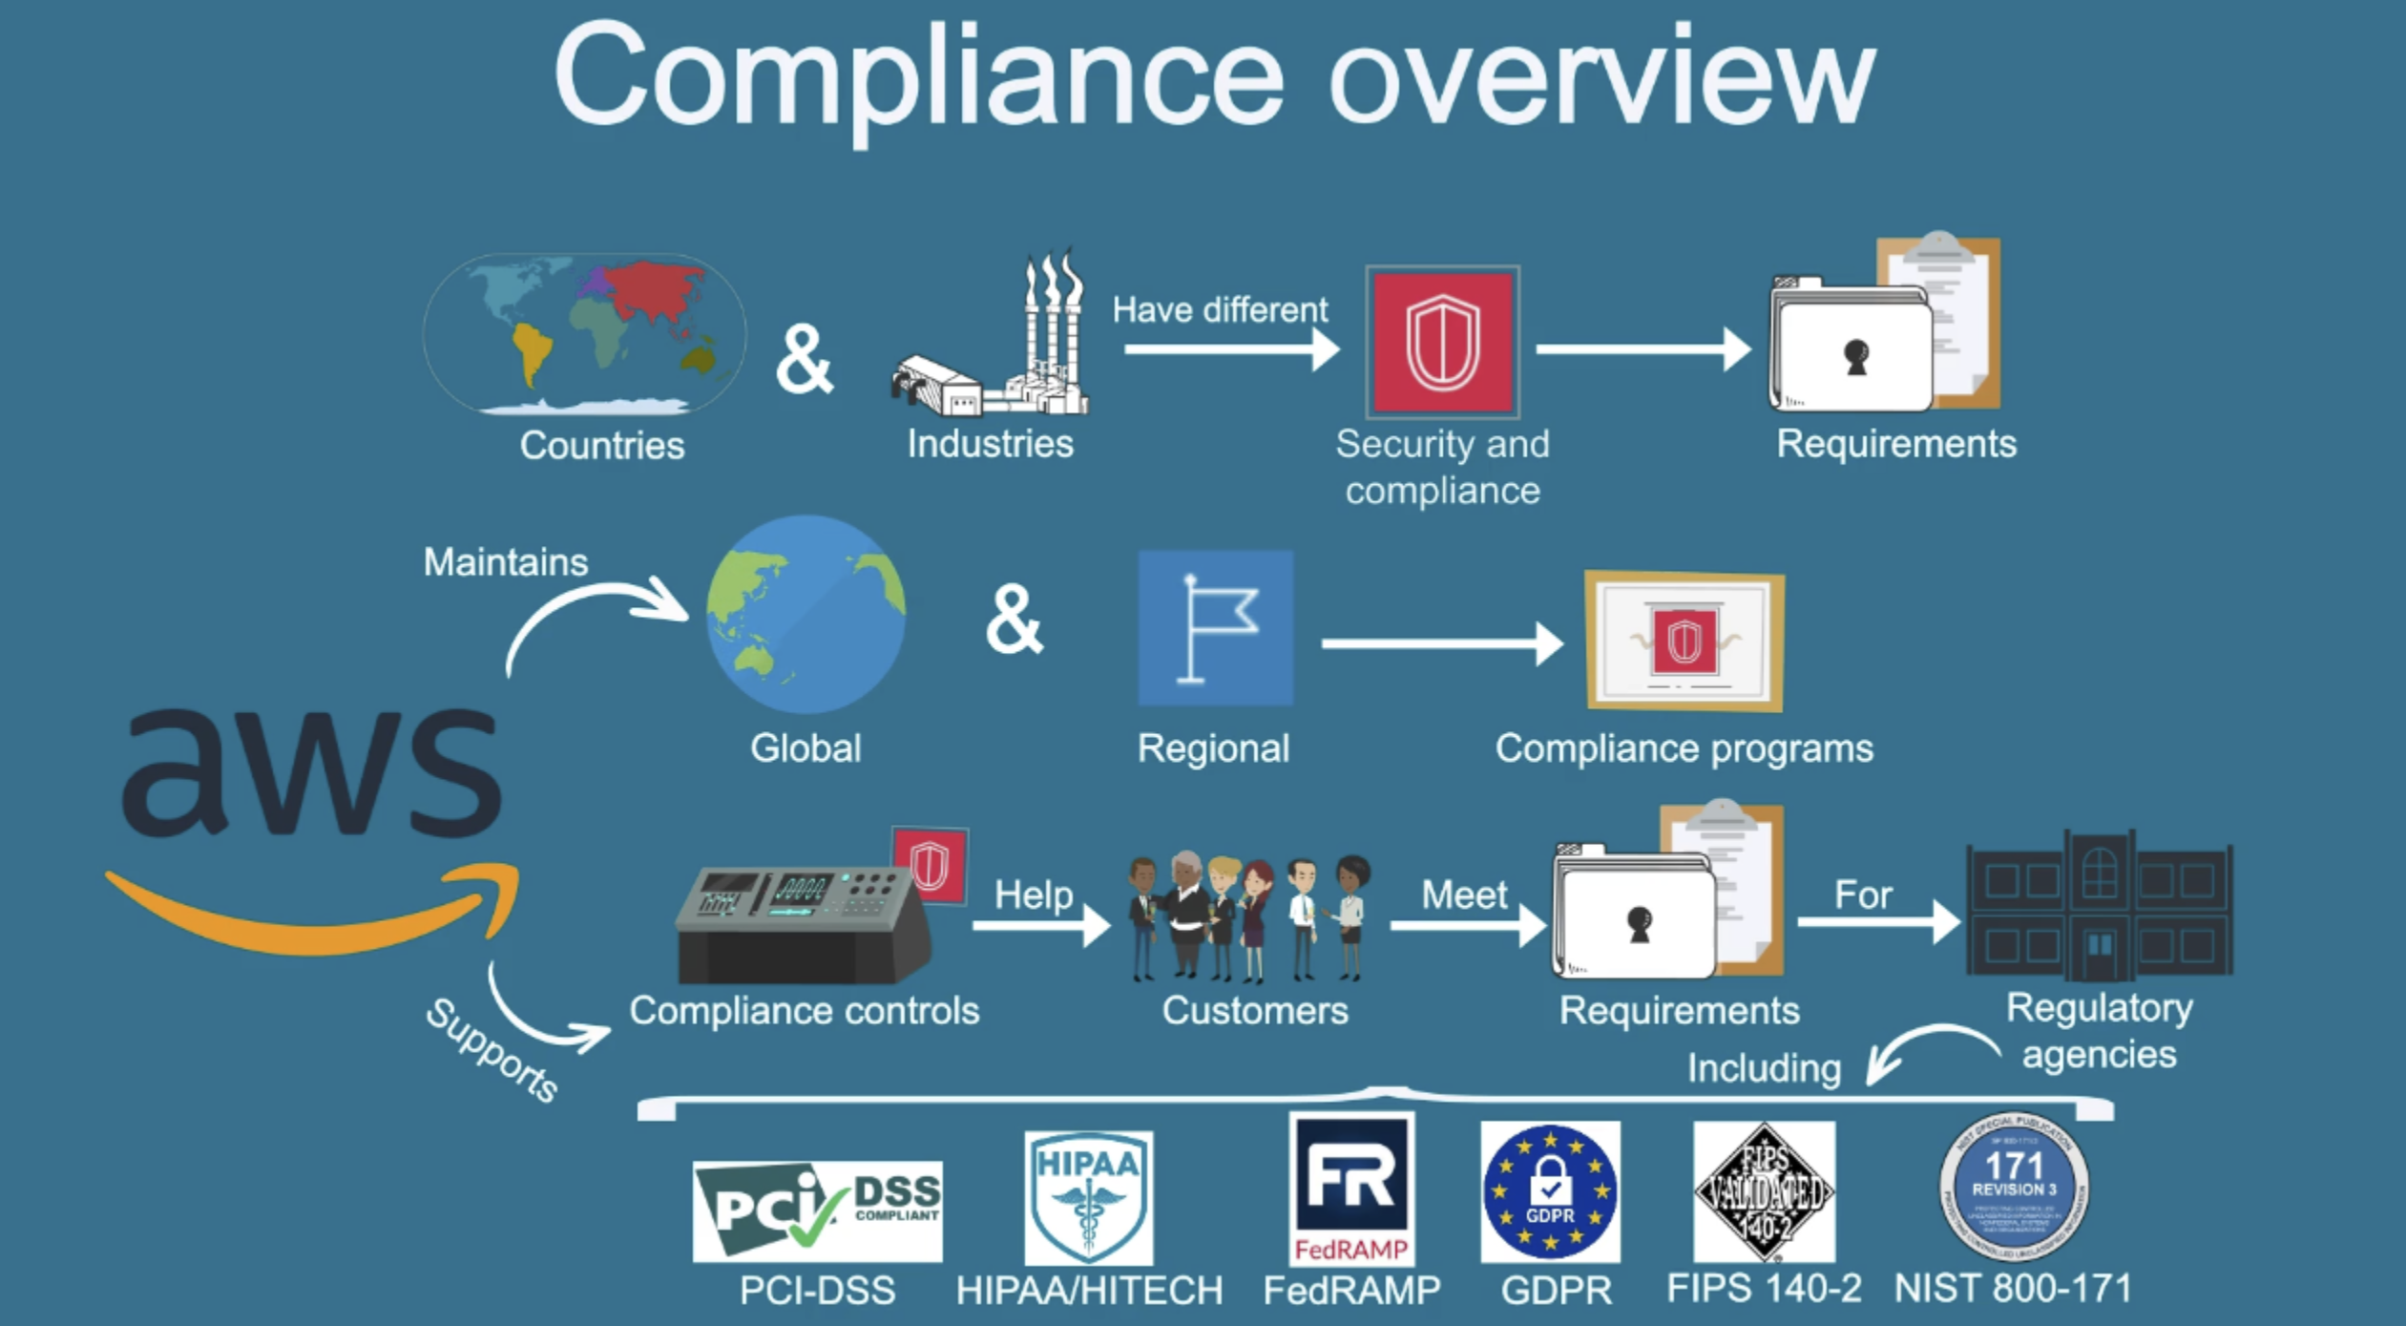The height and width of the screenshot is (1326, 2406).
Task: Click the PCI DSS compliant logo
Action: pyautogui.click(x=817, y=1210)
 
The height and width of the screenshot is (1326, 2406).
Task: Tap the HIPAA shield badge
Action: pyautogui.click(x=1088, y=1197)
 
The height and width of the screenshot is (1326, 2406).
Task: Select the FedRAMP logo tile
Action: pyautogui.click(x=1351, y=1189)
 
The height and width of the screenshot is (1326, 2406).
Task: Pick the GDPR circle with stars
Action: pyautogui.click(x=1550, y=1191)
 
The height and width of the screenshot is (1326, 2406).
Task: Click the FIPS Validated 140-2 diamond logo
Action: pyautogui.click(x=1764, y=1191)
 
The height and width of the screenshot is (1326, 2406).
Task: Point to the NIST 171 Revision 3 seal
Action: pyautogui.click(x=2014, y=1187)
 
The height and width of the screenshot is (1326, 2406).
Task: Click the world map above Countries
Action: pyautogui.click(x=584, y=334)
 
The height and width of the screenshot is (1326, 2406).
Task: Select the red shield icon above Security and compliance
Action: pyautogui.click(x=1442, y=342)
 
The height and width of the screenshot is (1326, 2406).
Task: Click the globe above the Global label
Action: pyautogui.click(x=805, y=615)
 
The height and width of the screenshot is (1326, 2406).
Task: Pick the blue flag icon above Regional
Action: pyautogui.click(x=1215, y=627)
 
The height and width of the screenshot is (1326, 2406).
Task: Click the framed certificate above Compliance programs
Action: pyautogui.click(x=1684, y=641)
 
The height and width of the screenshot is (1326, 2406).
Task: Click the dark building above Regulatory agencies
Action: pyautogui.click(x=2099, y=907)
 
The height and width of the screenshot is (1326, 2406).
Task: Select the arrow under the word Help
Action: pyautogui.click(x=1041, y=924)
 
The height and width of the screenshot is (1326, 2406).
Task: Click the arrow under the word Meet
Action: pyautogui.click(x=1467, y=924)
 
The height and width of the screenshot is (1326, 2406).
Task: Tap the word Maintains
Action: pyautogui.click(x=506, y=561)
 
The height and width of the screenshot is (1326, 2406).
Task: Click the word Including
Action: pyautogui.click(x=1764, y=1067)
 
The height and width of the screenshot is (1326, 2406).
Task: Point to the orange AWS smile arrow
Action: pyautogui.click(x=315, y=915)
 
